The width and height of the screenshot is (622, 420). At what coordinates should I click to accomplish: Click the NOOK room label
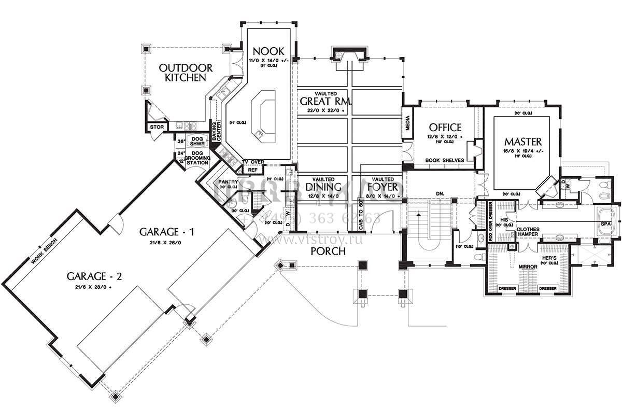(268, 51)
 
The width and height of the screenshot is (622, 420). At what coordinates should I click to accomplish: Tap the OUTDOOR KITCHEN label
(186, 73)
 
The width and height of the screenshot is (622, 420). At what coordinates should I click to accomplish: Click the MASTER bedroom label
(523, 141)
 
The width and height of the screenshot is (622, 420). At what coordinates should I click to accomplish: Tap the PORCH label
(328, 251)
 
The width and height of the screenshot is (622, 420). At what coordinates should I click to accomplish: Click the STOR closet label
(157, 127)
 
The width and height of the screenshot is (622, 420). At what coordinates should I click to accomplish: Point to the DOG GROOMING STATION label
(197, 158)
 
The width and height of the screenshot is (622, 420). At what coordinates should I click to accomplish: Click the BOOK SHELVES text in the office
(444, 161)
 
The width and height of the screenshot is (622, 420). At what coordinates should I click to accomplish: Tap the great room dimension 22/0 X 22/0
(326, 111)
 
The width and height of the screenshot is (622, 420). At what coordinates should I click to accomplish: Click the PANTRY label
(228, 182)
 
